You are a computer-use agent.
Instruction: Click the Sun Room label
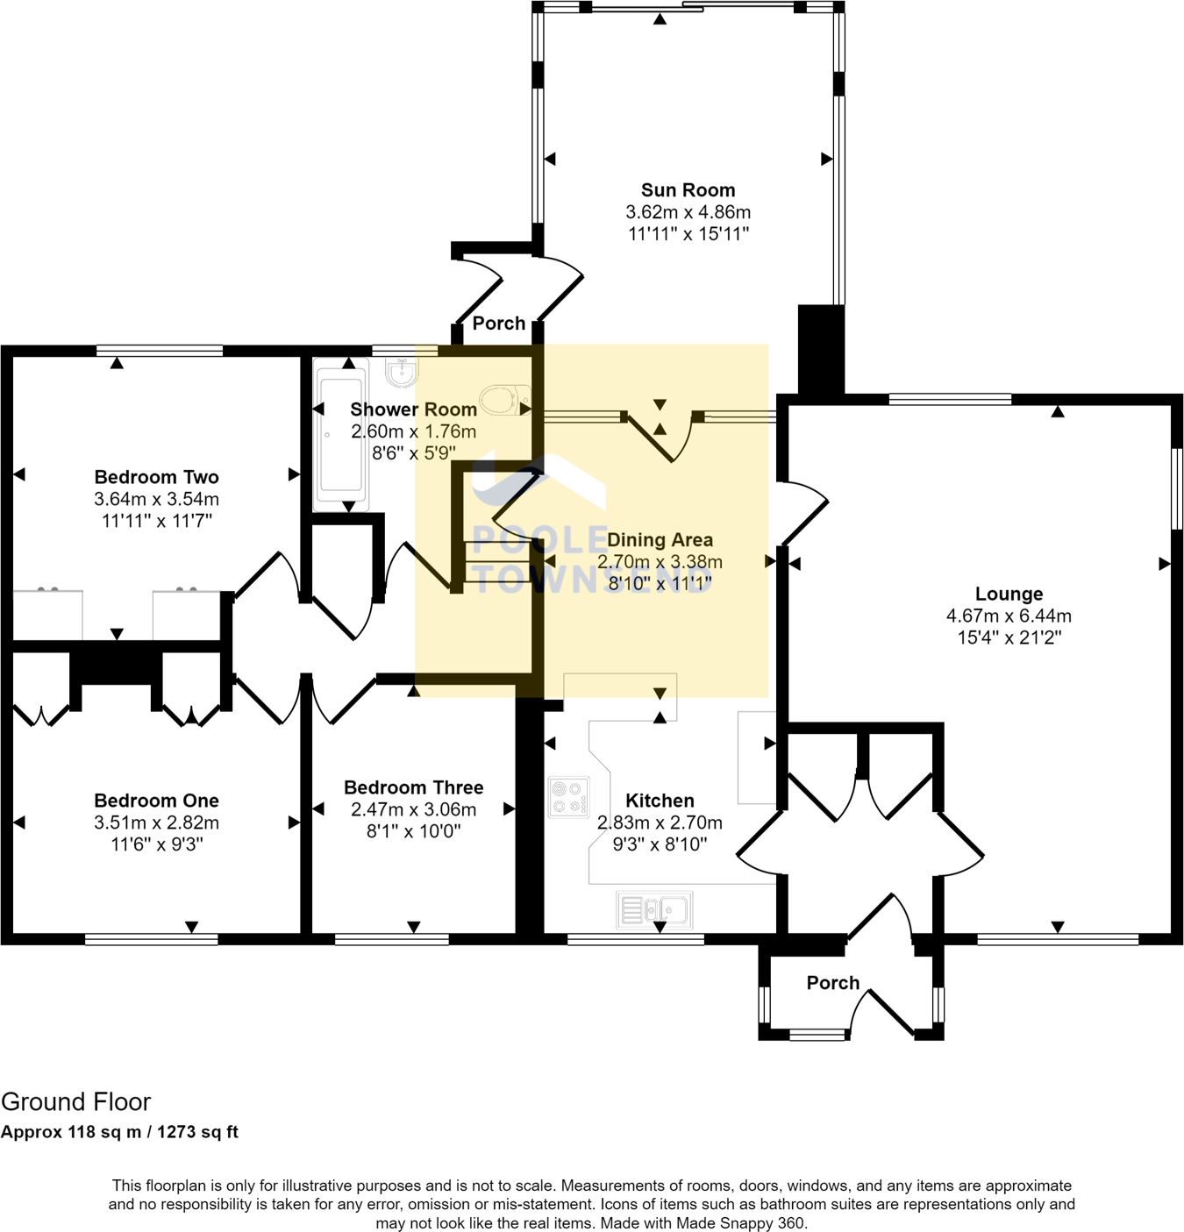(688, 190)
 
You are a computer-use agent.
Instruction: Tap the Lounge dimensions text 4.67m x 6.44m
(1009, 616)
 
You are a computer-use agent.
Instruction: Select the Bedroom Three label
(413, 787)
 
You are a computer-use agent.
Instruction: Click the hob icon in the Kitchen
(568, 797)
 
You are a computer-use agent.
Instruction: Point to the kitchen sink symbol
(654, 910)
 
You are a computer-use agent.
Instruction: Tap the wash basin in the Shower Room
(402, 372)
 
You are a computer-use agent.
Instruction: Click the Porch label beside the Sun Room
(498, 324)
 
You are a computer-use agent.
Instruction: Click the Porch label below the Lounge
(832, 983)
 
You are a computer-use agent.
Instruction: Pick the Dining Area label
(660, 540)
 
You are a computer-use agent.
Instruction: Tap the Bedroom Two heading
(156, 477)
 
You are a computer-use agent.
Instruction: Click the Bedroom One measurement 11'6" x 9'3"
(156, 844)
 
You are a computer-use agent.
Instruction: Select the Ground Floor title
(75, 1101)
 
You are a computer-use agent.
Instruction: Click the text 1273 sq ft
(197, 1132)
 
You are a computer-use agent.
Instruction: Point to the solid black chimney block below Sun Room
(821, 349)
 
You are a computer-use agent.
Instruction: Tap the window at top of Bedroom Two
(160, 351)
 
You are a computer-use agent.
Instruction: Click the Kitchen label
(660, 801)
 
